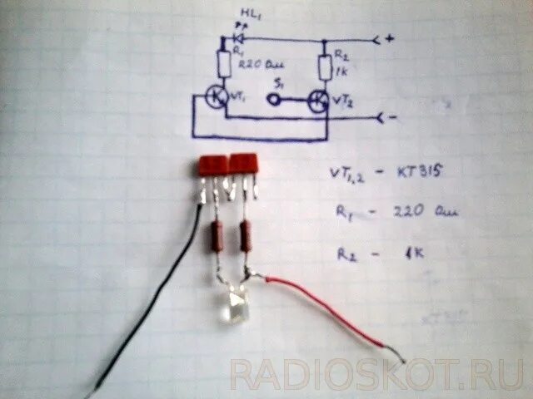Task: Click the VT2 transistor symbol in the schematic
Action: coord(319,100)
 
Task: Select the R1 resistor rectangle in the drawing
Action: coord(224,63)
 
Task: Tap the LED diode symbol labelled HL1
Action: coord(238,37)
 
